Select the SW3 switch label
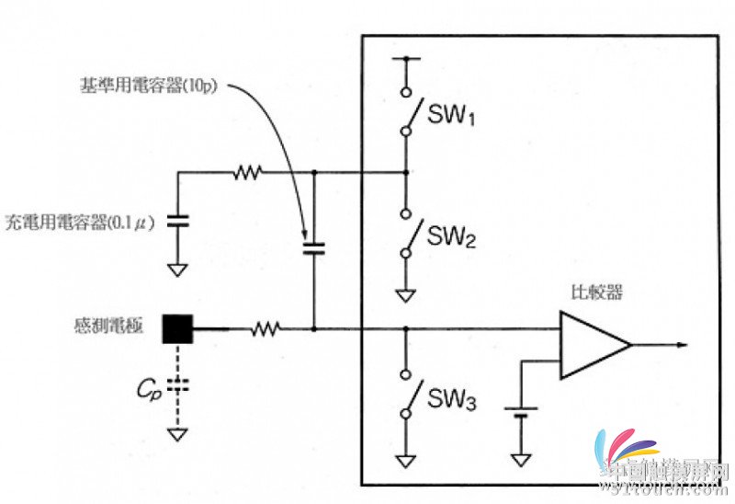pyautogui.click(x=451, y=400)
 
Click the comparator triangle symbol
pyautogui.click(x=594, y=345)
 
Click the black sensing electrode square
pyautogui.click(x=177, y=328)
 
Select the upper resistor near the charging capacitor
pyautogui.click(x=247, y=171)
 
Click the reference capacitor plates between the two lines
pyautogui.click(x=313, y=247)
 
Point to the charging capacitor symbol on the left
pyautogui.click(x=178, y=222)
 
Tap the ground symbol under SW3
pyautogui.click(x=405, y=459)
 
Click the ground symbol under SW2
pyautogui.click(x=405, y=295)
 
